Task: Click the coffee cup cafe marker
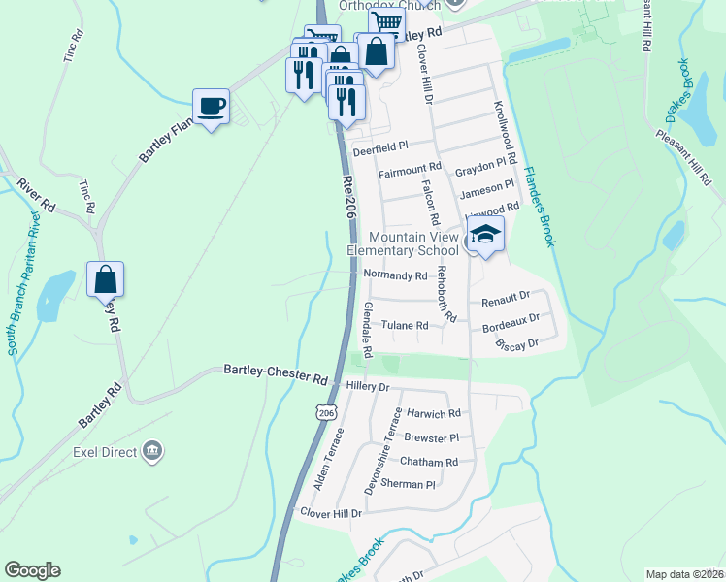[211, 106]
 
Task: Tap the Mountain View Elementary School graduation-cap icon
[485, 234]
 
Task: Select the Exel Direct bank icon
[152, 450]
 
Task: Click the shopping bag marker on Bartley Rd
[105, 279]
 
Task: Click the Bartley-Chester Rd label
[276, 372]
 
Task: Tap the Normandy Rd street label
[395, 275]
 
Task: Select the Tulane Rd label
[404, 326]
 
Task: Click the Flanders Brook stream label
[539, 205]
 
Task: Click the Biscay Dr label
[516, 344]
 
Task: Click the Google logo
[32, 570]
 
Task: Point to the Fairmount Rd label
[410, 173]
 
